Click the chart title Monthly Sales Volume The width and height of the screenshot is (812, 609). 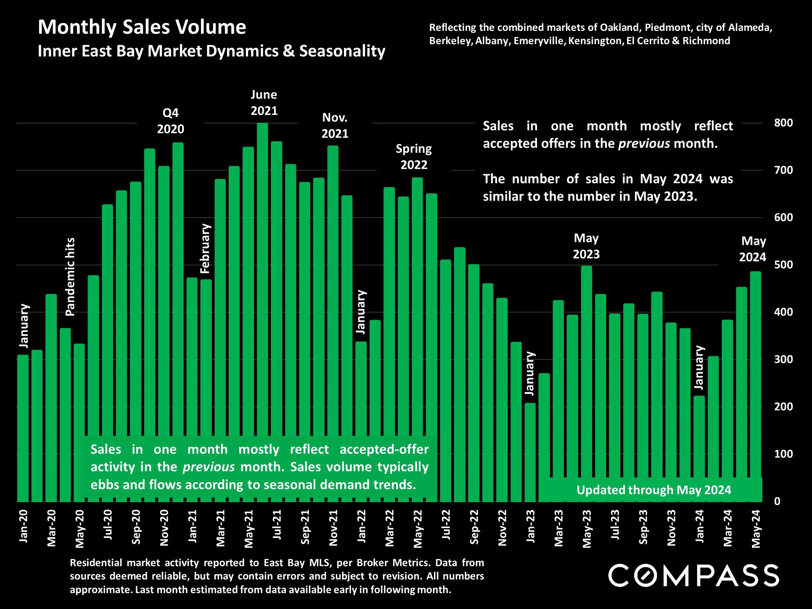tap(142, 27)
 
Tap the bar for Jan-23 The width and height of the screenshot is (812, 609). tap(530, 451)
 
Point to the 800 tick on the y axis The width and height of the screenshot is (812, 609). tap(783, 122)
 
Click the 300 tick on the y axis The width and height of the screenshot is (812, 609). tap(783, 359)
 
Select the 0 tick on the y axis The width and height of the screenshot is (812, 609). tap(777, 501)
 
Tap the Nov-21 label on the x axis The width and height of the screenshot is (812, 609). tap(333, 528)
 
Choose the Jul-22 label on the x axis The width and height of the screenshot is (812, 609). tap(446, 525)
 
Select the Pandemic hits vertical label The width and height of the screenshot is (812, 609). tap(70, 277)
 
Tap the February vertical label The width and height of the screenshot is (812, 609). tap(205, 248)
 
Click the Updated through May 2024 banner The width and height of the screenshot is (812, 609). tap(653, 490)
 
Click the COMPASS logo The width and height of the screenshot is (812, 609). tap(693, 576)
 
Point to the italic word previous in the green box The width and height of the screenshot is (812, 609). tap(209, 467)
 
